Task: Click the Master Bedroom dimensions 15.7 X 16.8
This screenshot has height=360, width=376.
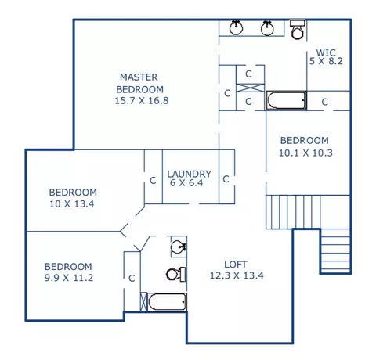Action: click(142, 101)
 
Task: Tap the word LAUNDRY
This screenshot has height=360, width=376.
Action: click(190, 174)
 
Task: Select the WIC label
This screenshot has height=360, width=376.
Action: click(326, 52)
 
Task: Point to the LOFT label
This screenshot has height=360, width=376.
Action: click(236, 265)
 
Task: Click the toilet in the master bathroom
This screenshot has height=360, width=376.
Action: click(298, 30)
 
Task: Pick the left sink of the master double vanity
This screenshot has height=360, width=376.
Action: click(237, 27)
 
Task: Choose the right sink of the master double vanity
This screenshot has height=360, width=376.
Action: click(267, 27)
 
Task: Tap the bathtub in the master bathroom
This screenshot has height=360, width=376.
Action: click(286, 100)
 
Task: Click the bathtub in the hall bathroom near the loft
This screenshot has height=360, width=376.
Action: click(167, 302)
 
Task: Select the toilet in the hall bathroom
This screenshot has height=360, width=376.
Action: click(176, 274)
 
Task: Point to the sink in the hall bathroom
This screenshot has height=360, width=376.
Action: click(179, 247)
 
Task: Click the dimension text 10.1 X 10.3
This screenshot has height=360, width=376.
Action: click(305, 153)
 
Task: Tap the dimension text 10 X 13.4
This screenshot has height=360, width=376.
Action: click(72, 204)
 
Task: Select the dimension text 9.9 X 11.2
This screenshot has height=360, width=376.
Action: click(69, 278)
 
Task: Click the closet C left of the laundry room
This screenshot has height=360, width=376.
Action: click(153, 181)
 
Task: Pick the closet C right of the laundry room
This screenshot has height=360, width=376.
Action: click(226, 179)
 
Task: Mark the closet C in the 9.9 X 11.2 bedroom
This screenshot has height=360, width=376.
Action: click(132, 279)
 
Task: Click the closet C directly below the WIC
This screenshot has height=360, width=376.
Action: click(324, 102)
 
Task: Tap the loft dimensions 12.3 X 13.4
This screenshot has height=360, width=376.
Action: click(237, 275)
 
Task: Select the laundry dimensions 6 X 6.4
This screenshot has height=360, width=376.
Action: click(186, 183)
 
